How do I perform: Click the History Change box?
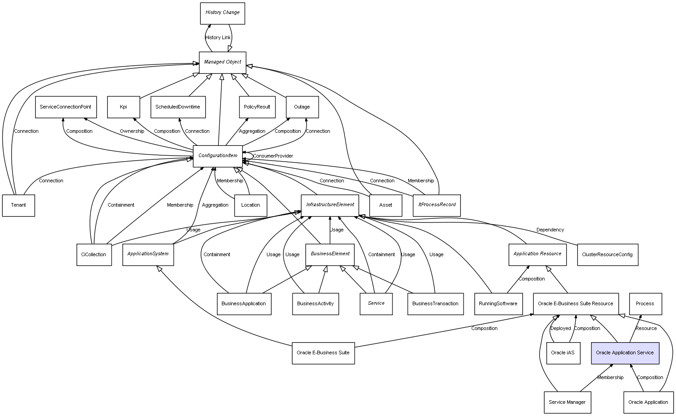coord(222,13)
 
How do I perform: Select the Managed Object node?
coord(222,62)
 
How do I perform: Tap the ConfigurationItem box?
coord(218,156)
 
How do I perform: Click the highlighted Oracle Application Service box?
coord(625,353)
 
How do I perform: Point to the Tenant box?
coord(18,205)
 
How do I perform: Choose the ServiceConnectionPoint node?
coord(65,107)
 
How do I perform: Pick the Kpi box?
coord(123,107)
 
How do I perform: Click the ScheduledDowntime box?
coord(178,107)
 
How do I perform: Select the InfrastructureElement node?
coord(330,205)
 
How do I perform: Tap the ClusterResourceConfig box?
coord(607,255)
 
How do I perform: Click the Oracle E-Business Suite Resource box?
coord(576,304)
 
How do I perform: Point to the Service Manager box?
coord(567,402)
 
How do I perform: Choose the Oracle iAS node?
coord(563,353)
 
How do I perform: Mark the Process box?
coord(645,304)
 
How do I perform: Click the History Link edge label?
coord(218,38)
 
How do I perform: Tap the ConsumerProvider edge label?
coord(273,156)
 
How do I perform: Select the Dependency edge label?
coord(550,230)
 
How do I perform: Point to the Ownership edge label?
coord(132,131)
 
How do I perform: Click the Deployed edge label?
coord(560,329)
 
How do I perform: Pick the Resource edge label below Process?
coord(646,329)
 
